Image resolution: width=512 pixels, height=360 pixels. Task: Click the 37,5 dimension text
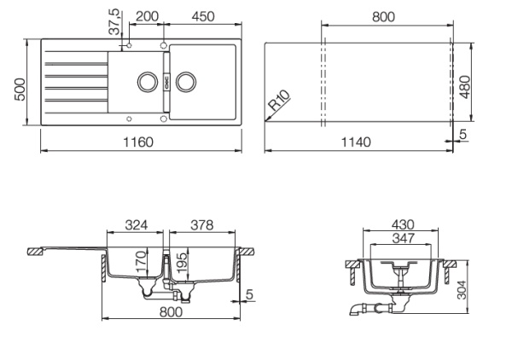pyautogui.click(x=115, y=20)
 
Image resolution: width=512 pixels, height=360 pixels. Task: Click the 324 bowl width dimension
pyautogui.click(x=137, y=225)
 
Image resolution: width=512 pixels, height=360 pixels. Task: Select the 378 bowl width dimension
pyautogui.click(x=200, y=225)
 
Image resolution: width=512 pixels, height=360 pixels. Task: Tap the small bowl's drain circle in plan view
pyautogui.click(x=146, y=83)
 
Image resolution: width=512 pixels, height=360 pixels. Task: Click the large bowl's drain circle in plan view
pyautogui.click(x=188, y=83)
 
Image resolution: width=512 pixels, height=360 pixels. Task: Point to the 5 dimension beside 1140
pyautogui.click(x=463, y=133)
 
